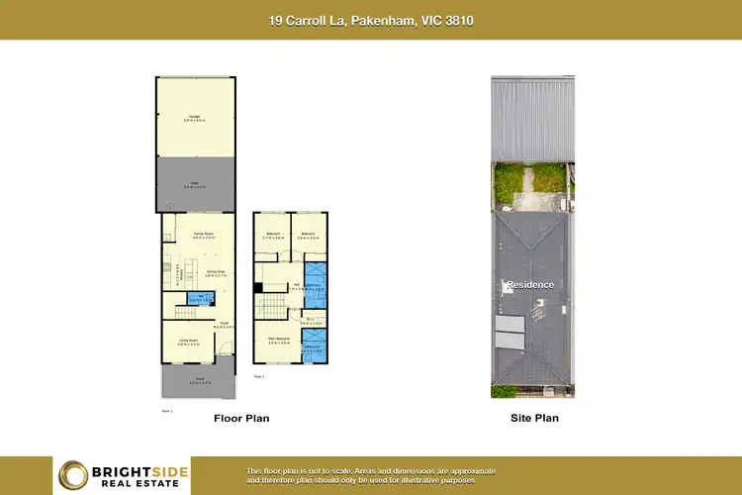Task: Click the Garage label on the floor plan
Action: click(195, 118)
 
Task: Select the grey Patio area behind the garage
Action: click(195, 185)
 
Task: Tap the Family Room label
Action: click(204, 236)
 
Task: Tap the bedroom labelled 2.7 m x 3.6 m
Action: click(273, 236)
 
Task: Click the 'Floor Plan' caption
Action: click(241, 419)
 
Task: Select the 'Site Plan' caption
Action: click(534, 419)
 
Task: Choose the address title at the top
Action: click(371, 20)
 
